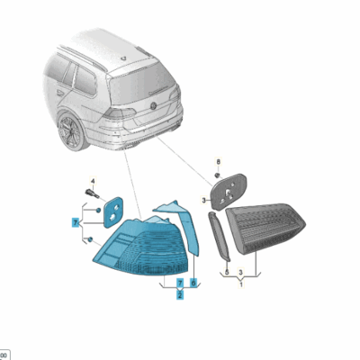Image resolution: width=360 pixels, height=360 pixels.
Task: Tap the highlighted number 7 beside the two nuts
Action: pos(75,220)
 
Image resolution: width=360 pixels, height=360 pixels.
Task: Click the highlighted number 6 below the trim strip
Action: pos(193,282)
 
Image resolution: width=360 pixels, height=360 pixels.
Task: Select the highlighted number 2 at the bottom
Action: pos(180,294)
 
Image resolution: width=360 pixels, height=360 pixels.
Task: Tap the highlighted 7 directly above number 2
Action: pos(180,282)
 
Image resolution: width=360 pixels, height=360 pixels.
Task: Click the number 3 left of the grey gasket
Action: pos(204,200)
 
